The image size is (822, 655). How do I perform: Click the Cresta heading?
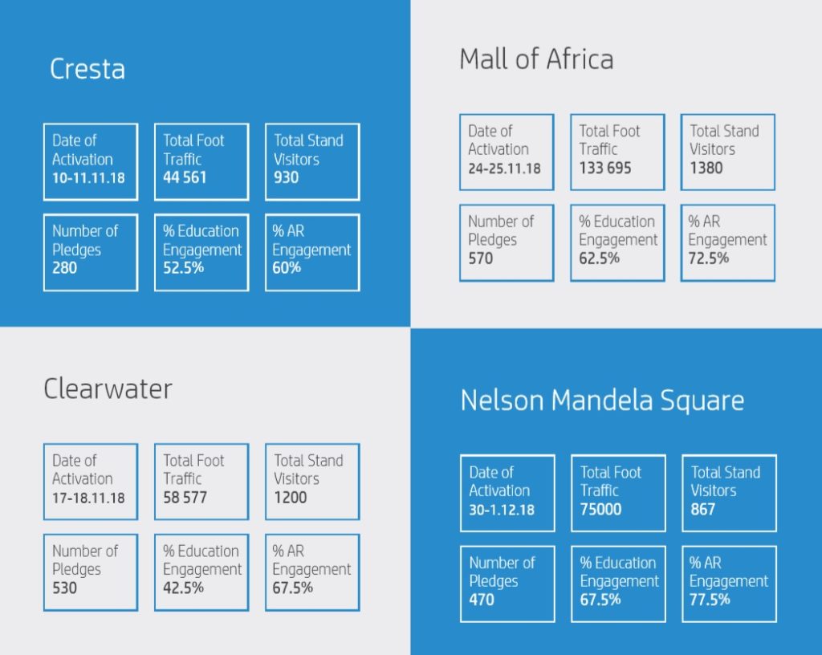click(87, 69)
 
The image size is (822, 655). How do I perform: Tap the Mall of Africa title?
click(536, 59)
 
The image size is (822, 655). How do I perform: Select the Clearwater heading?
click(108, 389)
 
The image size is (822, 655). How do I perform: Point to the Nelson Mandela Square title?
click(602, 401)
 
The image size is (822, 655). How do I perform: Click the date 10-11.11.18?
click(88, 177)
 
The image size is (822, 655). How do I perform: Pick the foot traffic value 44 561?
click(185, 177)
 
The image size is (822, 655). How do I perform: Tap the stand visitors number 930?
click(286, 177)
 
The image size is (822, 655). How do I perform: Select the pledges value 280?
click(64, 267)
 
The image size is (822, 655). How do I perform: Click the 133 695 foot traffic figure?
click(605, 168)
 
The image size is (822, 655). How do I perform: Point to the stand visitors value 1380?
click(706, 168)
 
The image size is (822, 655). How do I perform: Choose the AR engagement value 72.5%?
click(708, 258)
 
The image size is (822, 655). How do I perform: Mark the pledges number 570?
click(481, 258)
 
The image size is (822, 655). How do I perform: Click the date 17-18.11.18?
click(88, 498)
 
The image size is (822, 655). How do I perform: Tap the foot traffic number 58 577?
click(185, 498)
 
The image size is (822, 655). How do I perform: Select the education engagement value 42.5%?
click(183, 588)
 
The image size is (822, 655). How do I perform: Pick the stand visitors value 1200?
click(290, 498)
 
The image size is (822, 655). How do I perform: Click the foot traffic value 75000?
click(600, 509)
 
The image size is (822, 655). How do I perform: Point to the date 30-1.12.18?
click(502, 509)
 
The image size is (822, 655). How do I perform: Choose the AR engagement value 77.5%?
click(710, 599)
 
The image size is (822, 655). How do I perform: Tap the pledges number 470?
click(482, 599)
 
